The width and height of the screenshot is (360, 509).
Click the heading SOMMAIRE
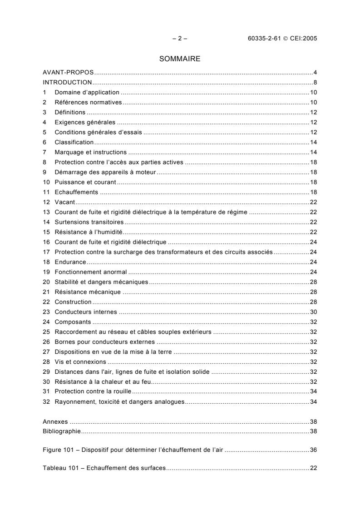[x=180, y=59]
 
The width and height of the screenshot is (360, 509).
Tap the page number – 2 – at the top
[x=180, y=39]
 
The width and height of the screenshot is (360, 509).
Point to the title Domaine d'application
[x=80, y=92]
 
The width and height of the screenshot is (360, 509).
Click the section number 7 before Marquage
[x=44, y=152]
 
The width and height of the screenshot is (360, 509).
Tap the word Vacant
[x=65, y=202]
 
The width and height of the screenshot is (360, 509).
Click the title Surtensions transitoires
[x=89, y=222]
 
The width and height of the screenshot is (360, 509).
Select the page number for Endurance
[x=313, y=262]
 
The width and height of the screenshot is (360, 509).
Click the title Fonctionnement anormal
[x=91, y=272]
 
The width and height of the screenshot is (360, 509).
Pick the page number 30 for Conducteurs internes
[x=313, y=312]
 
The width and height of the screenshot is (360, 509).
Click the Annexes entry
[x=55, y=421]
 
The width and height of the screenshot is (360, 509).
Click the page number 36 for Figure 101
[x=313, y=450]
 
